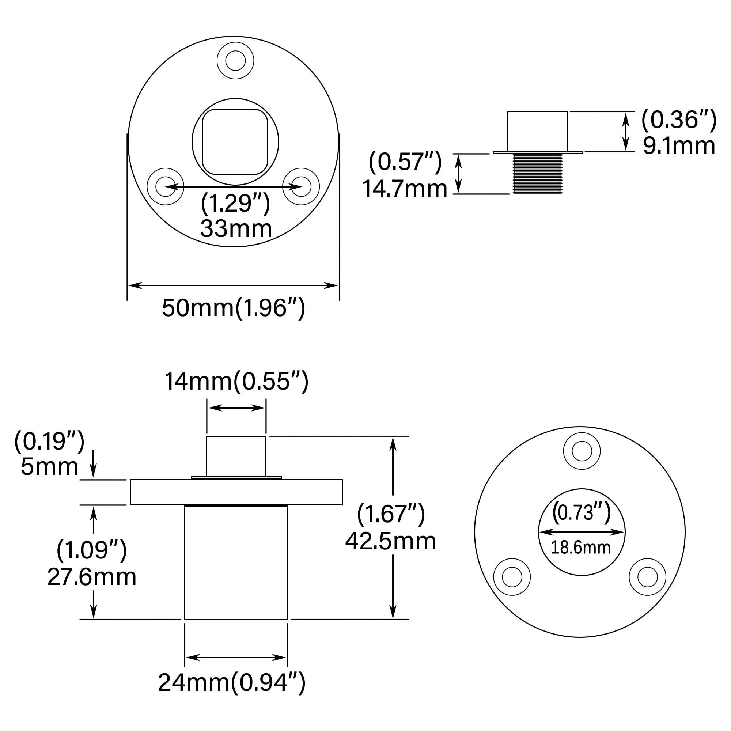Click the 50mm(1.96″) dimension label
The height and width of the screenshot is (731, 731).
(x=234, y=308)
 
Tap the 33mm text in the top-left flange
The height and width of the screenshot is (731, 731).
(x=236, y=228)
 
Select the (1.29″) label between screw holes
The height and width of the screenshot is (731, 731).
(x=235, y=203)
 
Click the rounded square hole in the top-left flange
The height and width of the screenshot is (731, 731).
(x=235, y=142)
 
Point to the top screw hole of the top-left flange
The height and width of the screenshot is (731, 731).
(x=235, y=61)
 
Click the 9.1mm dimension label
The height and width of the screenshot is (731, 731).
(x=679, y=146)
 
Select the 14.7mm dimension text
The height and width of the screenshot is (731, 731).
(x=405, y=189)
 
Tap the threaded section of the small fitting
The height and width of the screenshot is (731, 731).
(x=537, y=174)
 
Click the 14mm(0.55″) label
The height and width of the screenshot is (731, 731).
(x=236, y=381)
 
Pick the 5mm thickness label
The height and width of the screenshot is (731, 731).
(x=50, y=466)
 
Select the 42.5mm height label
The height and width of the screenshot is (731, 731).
(x=390, y=541)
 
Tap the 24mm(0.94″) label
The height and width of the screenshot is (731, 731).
(x=232, y=682)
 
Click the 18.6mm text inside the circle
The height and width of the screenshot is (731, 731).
(x=580, y=548)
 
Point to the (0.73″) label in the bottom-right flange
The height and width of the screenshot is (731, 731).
(x=582, y=512)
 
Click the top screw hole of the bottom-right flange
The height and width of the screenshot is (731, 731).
(x=582, y=451)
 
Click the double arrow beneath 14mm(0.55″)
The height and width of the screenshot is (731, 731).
(x=236, y=408)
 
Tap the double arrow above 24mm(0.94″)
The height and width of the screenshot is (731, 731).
(x=236, y=658)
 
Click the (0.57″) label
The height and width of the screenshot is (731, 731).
(x=405, y=162)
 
